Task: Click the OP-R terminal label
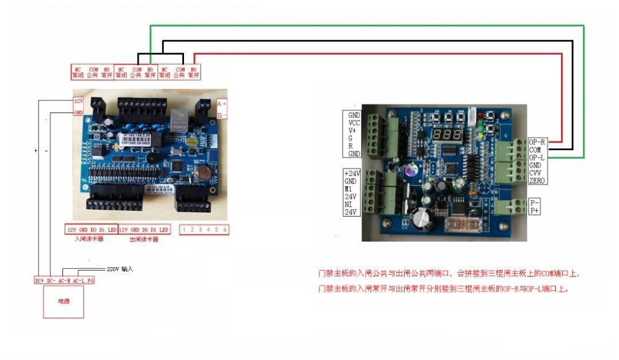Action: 537,142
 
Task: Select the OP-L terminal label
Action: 537,157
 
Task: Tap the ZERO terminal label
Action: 538,181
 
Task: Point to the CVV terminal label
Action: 536,173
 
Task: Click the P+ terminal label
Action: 535,211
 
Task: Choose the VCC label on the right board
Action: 354,123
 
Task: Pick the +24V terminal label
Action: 352,173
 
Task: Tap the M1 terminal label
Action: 348,189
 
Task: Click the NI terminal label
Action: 348,205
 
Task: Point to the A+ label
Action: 222,104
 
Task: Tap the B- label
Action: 222,115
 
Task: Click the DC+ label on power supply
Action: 40,280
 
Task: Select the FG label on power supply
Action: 90,280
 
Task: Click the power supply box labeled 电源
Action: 64,302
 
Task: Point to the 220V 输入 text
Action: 120,268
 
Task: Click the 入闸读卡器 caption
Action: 89,239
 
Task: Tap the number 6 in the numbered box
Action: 225,229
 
